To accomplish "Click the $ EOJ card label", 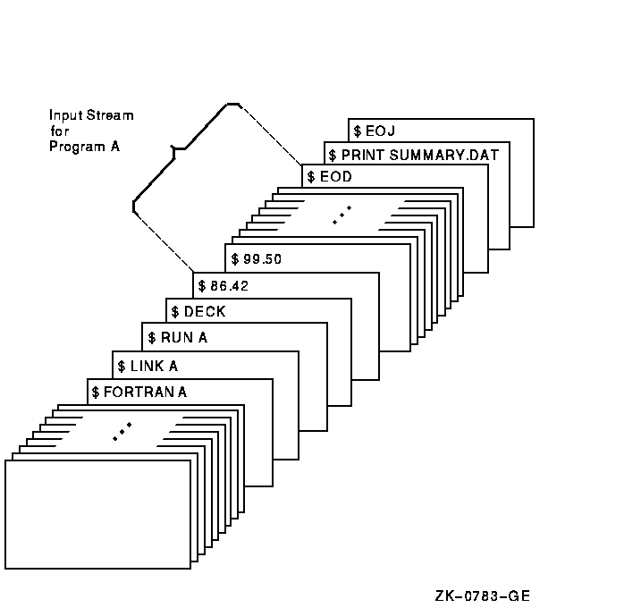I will click(x=375, y=131).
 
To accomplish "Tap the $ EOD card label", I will click(x=330, y=176).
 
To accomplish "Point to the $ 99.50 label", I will click(x=256, y=259).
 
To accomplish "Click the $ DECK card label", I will click(x=198, y=312).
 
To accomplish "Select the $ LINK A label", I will click(x=148, y=365).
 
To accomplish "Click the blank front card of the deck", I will click(x=97, y=514).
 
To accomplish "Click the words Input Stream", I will click(x=91, y=115).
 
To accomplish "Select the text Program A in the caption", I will click(x=84, y=147).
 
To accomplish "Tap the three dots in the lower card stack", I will click(x=122, y=430).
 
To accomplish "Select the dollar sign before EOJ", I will click(x=358, y=131).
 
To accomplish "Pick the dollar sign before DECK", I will click(x=175, y=312).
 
